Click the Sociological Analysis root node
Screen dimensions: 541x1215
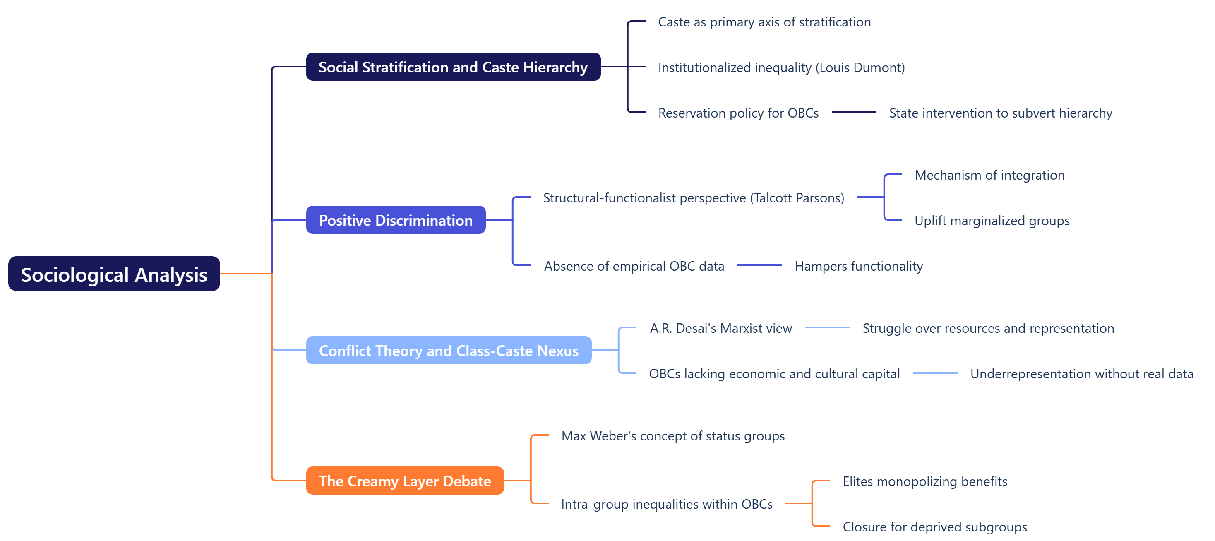pyautogui.click(x=114, y=274)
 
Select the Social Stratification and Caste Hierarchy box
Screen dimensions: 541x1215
pyautogui.click(x=453, y=67)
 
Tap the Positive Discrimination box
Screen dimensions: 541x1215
pyautogui.click(x=395, y=220)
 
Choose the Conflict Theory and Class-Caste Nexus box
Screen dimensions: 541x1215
pyautogui.click(x=448, y=351)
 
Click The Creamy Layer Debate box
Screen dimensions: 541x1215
pyautogui.click(x=404, y=481)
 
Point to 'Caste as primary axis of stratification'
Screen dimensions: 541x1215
pyautogui.click(x=764, y=22)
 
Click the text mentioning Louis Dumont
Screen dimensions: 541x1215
pyautogui.click(x=781, y=67)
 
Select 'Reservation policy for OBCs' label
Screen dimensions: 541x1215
pyautogui.click(x=738, y=113)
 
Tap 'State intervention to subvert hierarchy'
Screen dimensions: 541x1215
pyautogui.click(x=1000, y=113)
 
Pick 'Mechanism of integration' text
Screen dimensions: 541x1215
pyautogui.click(x=989, y=175)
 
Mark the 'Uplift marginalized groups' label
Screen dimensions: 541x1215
pyautogui.click(x=992, y=221)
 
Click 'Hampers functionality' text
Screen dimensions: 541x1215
pyautogui.click(x=858, y=266)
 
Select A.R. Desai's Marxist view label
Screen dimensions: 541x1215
pyautogui.click(x=721, y=328)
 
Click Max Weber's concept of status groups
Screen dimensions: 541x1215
pyautogui.click(x=672, y=436)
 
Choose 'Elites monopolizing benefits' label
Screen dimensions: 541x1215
pyautogui.click(x=924, y=481)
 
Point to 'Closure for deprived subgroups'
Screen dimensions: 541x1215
pyautogui.click(x=934, y=527)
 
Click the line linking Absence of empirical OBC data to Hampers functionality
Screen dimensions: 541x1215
pyautogui.click(x=759, y=266)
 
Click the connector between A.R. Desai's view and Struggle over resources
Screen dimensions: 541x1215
pyautogui.click(x=827, y=327)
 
